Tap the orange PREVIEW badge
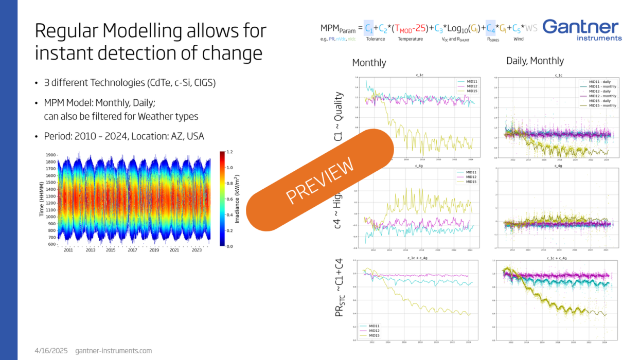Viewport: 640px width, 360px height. point(320,179)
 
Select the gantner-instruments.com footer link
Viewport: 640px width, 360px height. point(113,350)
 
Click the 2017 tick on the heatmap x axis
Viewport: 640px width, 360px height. point(133,250)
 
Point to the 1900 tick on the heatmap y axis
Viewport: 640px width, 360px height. point(50,155)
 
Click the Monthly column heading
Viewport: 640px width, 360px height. point(369,63)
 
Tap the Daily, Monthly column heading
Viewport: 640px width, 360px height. point(535,61)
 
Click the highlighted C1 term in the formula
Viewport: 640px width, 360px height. point(369,29)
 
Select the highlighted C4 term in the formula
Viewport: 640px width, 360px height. point(490,29)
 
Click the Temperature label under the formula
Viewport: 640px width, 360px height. point(411,39)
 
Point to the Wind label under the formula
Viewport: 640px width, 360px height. point(519,39)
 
